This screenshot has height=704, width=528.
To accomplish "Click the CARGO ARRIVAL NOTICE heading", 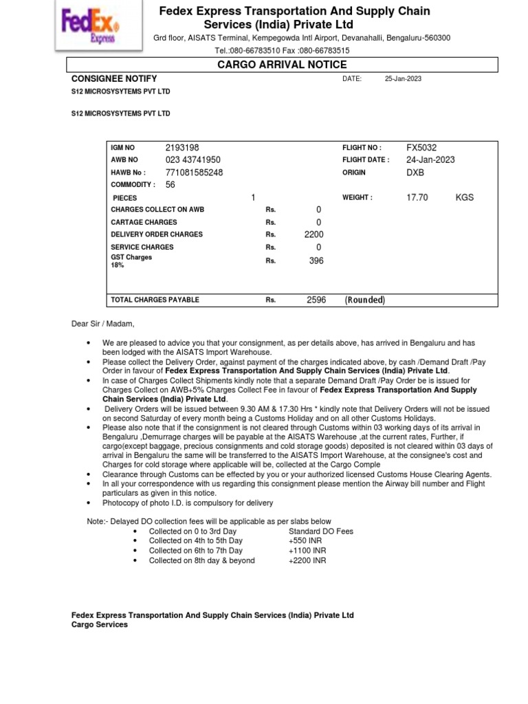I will [282, 65].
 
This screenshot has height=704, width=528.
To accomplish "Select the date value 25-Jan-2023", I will [403, 79].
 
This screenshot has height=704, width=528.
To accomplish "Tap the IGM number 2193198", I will [182, 148].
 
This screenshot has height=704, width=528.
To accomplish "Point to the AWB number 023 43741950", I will [193, 160].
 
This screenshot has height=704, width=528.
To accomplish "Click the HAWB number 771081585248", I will [194, 173].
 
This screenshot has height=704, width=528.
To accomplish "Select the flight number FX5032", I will [421, 148].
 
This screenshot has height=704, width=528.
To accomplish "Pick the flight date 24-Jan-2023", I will [430, 160].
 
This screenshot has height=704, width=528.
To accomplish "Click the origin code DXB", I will [415, 173].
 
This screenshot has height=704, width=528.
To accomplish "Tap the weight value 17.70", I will [417, 197].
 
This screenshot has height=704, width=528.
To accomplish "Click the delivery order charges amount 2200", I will [313, 234].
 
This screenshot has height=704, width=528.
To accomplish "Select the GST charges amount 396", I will [316, 261].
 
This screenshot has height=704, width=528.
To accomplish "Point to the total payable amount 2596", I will [316, 300].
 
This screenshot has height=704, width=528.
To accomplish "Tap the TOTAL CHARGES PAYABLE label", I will [155, 300].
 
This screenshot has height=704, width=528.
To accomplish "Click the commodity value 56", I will [170, 185].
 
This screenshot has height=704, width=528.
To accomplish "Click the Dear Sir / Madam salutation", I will [103, 324].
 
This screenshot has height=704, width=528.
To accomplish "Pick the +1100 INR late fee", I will [307, 551].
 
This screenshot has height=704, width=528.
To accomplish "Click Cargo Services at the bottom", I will [100, 625].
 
